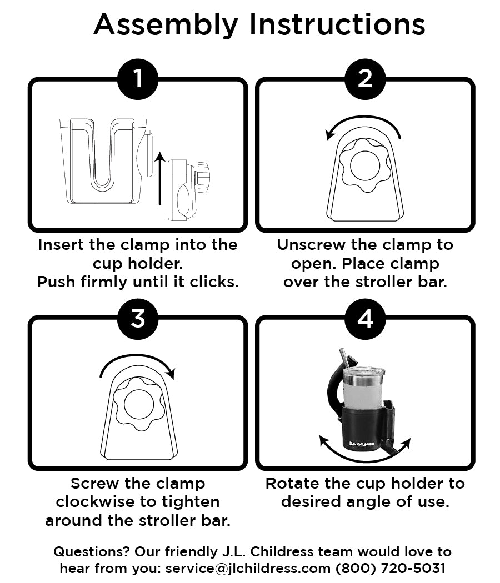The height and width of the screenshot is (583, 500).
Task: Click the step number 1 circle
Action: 138,79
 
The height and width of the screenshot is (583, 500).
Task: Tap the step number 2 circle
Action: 365,79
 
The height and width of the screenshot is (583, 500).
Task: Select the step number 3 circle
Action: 138,319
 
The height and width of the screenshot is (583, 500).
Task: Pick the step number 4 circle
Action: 365,319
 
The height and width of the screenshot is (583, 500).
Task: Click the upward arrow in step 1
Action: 160,178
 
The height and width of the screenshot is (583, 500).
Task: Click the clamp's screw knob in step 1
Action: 203,177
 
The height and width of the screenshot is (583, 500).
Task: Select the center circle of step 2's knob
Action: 365,166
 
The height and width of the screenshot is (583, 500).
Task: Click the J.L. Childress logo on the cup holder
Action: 362,444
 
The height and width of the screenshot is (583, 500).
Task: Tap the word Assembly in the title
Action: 166,25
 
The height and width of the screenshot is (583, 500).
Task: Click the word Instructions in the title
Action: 337,24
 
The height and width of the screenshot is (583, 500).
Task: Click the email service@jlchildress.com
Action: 248,568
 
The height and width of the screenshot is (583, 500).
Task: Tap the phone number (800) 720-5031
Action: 391,568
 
